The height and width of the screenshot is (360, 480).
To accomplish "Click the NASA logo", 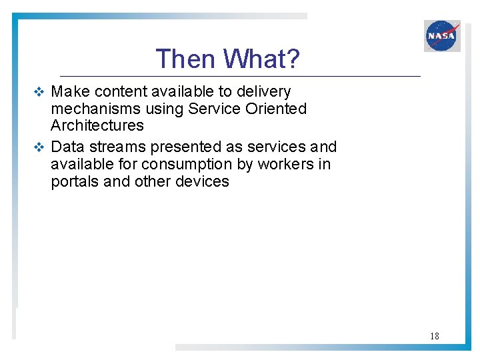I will (442, 35).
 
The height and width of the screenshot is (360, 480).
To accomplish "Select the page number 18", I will (434, 336).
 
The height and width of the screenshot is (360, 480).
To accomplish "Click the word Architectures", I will (97, 125).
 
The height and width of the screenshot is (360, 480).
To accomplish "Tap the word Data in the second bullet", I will (67, 147).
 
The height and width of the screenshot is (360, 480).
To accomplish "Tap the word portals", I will (74, 181).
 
